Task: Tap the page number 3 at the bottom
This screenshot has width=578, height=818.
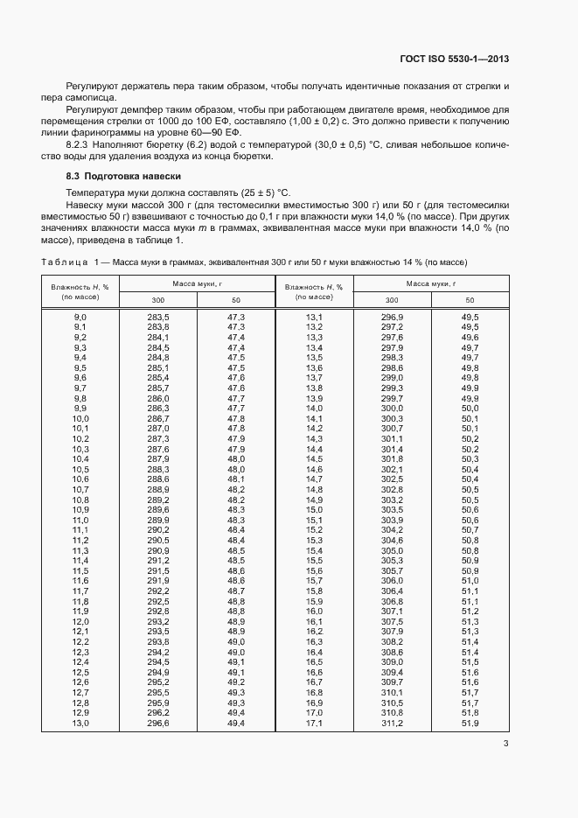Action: click(506, 744)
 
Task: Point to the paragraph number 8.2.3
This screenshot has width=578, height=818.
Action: click(81, 143)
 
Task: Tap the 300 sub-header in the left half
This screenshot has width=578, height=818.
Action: click(157, 300)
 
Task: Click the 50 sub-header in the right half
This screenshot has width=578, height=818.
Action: click(470, 300)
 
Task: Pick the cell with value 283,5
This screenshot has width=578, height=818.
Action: click(157, 317)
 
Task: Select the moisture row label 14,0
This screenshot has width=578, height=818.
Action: click(314, 409)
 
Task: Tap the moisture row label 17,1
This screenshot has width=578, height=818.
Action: click(314, 723)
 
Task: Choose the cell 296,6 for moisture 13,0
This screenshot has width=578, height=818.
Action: click(157, 723)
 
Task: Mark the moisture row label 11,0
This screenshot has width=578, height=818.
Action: click(80, 520)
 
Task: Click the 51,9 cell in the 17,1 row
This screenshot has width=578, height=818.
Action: click(470, 723)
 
